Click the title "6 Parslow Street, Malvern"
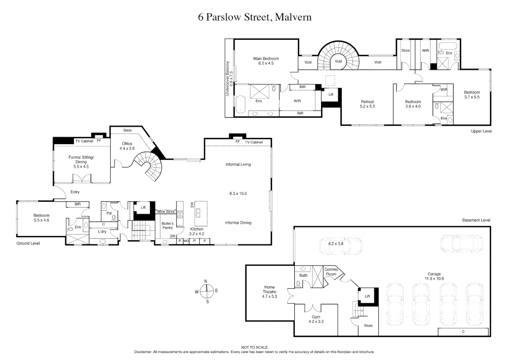[x=255, y=17]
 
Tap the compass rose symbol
[x=207, y=291]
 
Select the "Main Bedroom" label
[x=266, y=59]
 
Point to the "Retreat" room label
[x=367, y=102]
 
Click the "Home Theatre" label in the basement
[x=269, y=289]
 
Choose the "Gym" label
[x=316, y=317]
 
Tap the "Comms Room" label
[x=331, y=272]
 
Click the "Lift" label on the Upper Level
[x=331, y=95]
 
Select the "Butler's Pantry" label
[x=167, y=225]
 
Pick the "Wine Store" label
[x=166, y=212]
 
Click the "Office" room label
[x=127, y=144]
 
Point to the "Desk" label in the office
[x=127, y=130]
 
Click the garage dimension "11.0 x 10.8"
[x=434, y=278]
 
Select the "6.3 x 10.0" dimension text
[x=238, y=194]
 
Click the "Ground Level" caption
[x=28, y=243]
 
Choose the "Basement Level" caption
[x=476, y=220]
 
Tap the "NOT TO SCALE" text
[x=254, y=347]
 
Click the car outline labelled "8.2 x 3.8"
[x=341, y=246]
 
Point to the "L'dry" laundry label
[x=102, y=231]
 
